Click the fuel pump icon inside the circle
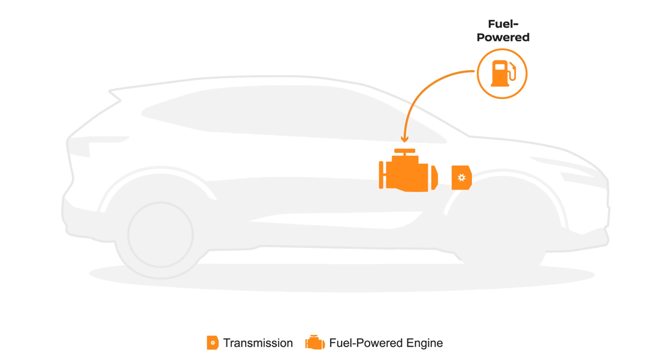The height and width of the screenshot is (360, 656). (x=501, y=74)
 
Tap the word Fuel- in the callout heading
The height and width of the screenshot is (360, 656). (x=503, y=25)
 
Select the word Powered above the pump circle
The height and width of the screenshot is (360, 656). (x=503, y=37)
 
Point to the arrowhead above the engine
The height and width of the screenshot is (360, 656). (x=405, y=139)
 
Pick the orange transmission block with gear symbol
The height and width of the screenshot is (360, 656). (x=461, y=177)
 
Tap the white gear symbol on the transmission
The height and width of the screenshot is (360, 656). (x=461, y=177)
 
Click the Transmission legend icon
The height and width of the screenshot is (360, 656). (x=213, y=343)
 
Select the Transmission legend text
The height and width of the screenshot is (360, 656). (x=258, y=343)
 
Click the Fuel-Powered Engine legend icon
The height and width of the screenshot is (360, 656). (x=315, y=343)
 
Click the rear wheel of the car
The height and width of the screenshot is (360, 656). (x=161, y=234)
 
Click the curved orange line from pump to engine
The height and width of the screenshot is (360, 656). (x=425, y=90)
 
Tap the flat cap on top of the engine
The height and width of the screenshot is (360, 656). (x=405, y=151)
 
